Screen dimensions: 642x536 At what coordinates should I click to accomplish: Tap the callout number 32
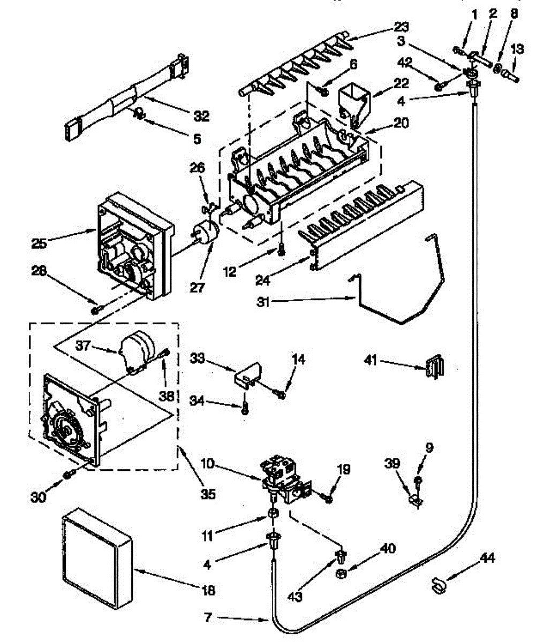point(198,116)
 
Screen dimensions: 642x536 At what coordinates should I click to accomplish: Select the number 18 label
point(208,591)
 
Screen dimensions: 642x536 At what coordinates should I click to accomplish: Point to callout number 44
point(487,559)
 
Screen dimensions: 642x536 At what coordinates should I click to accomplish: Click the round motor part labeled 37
point(137,350)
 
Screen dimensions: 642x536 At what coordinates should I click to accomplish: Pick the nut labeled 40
point(339,574)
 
